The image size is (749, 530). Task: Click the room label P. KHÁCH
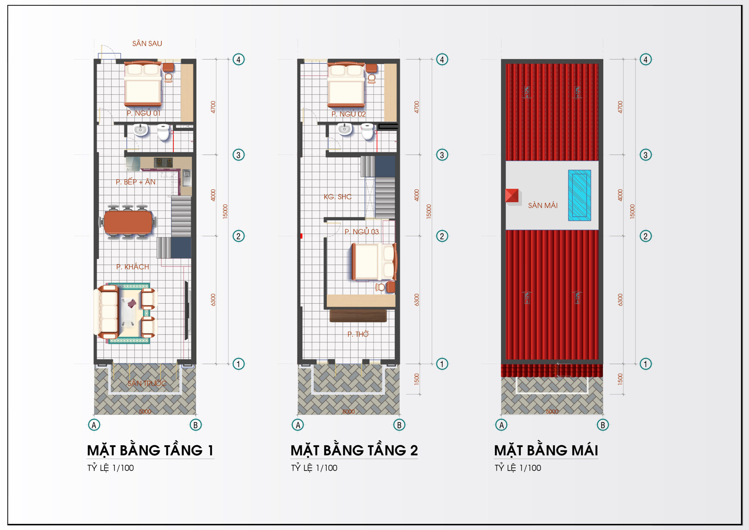click(x=133, y=267)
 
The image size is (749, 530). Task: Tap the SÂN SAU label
click(x=147, y=43)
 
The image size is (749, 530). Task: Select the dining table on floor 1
click(x=128, y=222)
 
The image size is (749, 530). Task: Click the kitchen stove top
click(x=163, y=162)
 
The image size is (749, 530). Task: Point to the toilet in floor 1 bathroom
click(x=163, y=132)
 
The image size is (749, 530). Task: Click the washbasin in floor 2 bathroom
click(x=344, y=129)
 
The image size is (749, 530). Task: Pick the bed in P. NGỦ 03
click(x=374, y=262)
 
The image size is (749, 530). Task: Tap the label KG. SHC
click(x=337, y=197)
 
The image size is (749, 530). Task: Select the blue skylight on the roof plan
click(x=579, y=195)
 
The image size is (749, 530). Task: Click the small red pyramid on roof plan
click(x=511, y=195)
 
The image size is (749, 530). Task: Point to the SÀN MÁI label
click(x=543, y=205)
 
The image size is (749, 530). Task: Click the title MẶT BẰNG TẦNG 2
click(x=354, y=450)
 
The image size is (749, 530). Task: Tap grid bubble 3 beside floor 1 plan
click(x=238, y=155)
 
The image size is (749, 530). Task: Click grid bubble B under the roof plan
click(x=603, y=425)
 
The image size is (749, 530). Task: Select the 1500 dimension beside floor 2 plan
click(x=416, y=379)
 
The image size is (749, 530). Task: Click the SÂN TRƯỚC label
click(x=147, y=383)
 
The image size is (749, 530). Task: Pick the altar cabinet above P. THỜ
click(x=358, y=316)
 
